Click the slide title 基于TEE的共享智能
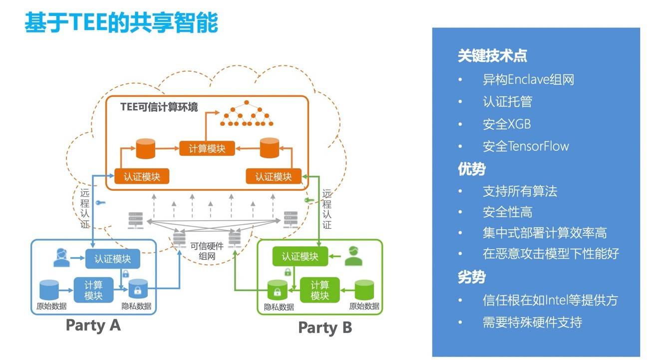tap(121, 23)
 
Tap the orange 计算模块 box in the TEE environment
tap(207, 148)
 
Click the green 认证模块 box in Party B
tap(300, 257)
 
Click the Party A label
tap(93, 326)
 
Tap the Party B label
tap(325, 328)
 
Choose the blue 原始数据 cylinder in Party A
tap(49, 290)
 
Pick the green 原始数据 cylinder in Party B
tap(364, 291)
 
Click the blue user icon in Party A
tap(60, 257)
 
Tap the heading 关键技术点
tap(492, 56)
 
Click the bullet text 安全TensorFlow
tap(526, 146)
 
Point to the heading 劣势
tap(471, 277)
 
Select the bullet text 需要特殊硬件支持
tap(532, 322)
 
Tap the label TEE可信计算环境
tap(159, 107)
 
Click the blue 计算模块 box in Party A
tap(93, 290)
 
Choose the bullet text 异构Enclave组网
tap(528, 80)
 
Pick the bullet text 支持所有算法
tap(520, 191)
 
